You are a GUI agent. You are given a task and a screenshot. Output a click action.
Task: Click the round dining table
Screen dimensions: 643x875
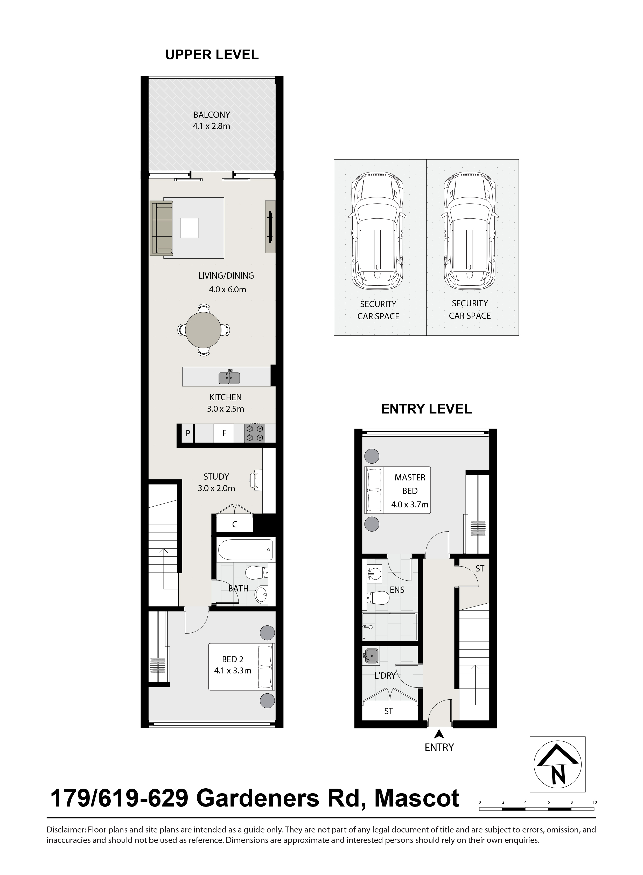[204, 330]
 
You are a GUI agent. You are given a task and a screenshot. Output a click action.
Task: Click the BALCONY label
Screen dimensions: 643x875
[212, 115]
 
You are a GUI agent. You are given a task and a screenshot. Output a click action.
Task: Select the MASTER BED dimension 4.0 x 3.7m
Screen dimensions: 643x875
[410, 505]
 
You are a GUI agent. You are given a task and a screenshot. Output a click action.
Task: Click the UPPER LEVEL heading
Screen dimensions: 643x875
[212, 55]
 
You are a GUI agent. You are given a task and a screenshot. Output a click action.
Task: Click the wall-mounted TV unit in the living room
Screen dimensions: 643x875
[270, 227]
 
